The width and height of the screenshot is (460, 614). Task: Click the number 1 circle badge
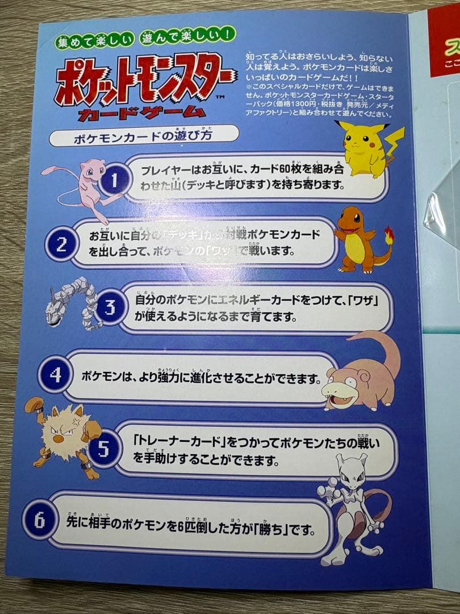113,181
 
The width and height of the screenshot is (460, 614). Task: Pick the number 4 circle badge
55,376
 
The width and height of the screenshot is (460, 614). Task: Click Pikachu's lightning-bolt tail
394,142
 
